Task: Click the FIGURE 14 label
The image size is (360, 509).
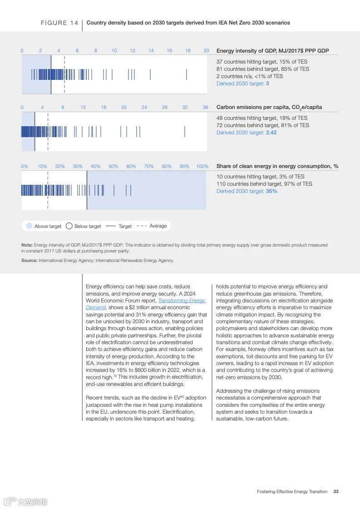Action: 59,23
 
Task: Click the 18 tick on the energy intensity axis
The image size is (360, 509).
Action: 187,51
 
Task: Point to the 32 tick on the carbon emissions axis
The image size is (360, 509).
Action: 185,108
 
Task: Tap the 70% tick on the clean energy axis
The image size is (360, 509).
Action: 149,167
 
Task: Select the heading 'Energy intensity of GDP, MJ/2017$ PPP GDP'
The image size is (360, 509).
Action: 272,51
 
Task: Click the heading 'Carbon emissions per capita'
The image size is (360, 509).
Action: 269,108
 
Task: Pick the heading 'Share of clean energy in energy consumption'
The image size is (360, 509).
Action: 277,166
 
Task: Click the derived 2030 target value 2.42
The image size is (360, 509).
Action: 271,133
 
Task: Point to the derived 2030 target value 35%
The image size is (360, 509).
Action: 271,191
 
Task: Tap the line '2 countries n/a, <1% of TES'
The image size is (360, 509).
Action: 249,76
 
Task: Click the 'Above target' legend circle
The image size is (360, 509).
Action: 29,226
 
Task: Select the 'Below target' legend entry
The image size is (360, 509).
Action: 84,226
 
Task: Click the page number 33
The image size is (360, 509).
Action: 336,492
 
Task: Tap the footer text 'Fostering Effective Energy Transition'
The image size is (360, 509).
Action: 292,492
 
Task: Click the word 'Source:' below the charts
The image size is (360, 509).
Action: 29,261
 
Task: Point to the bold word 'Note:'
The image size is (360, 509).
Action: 27,245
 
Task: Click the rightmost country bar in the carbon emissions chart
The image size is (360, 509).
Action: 185,132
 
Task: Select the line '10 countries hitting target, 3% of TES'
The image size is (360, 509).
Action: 260,177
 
